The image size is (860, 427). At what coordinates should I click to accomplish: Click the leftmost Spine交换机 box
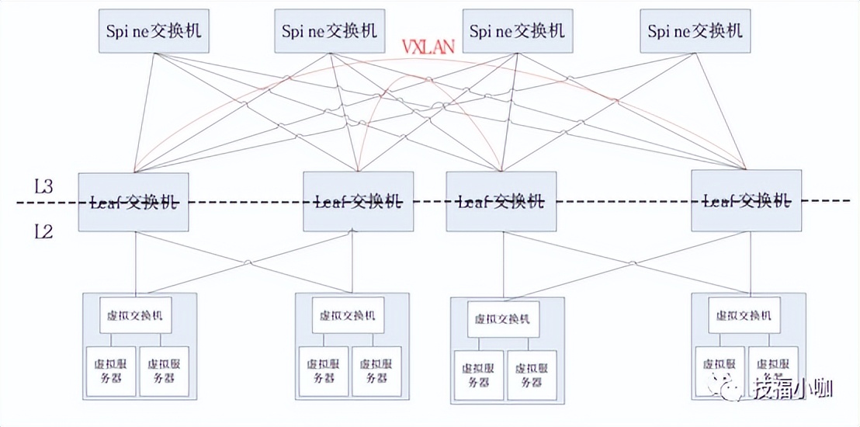[x=154, y=31]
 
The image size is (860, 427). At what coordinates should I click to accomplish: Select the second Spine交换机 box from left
[x=330, y=31]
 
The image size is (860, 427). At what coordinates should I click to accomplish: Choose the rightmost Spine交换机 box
[x=695, y=31]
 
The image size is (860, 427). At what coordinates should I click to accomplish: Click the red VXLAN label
[x=428, y=47]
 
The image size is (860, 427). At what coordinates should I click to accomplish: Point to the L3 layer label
[x=43, y=186]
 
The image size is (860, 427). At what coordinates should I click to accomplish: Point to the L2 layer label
[x=43, y=231]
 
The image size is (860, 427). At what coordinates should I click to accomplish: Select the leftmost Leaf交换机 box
[x=134, y=202]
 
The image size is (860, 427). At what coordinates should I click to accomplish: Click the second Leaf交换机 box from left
[x=358, y=202]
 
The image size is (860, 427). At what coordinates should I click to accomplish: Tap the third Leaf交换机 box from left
[x=501, y=202]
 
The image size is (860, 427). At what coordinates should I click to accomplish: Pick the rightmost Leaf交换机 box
[x=746, y=202]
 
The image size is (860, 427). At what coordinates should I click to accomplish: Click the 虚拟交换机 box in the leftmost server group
[x=136, y=315]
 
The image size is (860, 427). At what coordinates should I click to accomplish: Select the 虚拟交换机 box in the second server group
[x=348, y=316]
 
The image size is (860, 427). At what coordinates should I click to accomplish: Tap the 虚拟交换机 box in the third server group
[x=503, y=319]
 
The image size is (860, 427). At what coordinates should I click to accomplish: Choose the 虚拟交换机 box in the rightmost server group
[x=744, y=316]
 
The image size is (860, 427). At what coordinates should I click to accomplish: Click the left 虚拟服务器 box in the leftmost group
[x=111, y=371]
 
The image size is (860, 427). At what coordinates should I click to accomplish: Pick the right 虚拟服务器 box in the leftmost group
[x=164, y=371]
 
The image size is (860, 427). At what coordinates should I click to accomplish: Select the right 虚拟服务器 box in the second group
[x=376, y=372]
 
